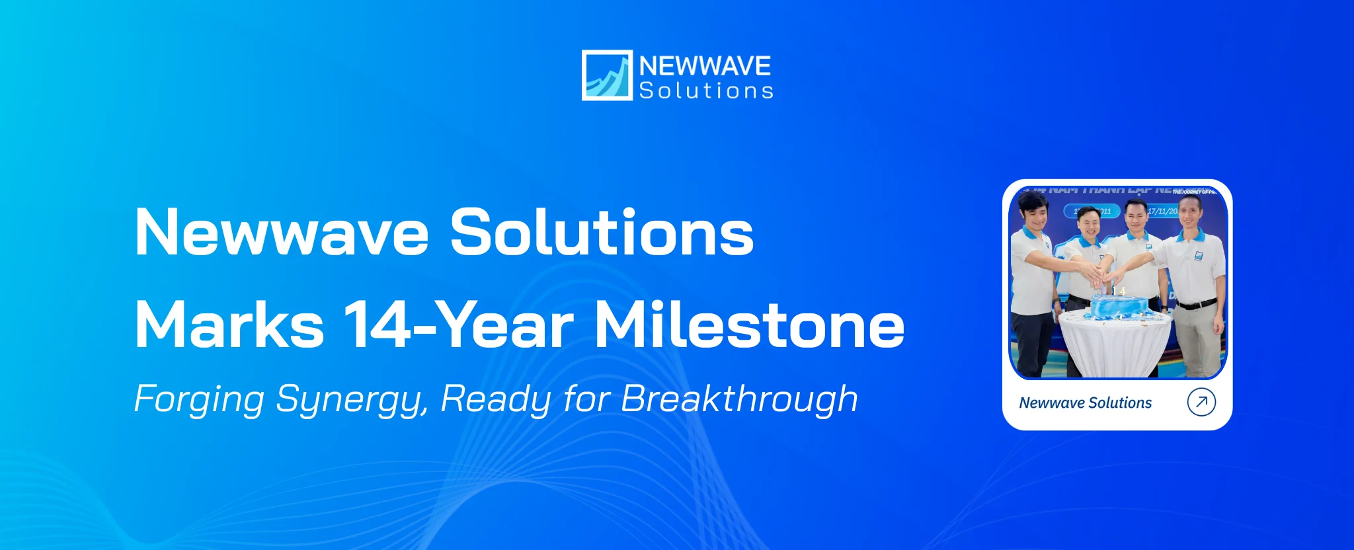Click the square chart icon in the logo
[606, 75]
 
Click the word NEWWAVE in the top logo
[705, 65]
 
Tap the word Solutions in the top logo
[705, 91]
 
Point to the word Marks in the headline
[229, 325]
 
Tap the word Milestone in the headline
[749, 325]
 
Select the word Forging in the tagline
[199, 399]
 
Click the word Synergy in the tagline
[352, 399]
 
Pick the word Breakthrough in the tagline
[739, 399]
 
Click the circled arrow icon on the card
[1201, 402]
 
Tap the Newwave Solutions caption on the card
[1085, 403]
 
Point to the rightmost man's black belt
[1197, 304]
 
